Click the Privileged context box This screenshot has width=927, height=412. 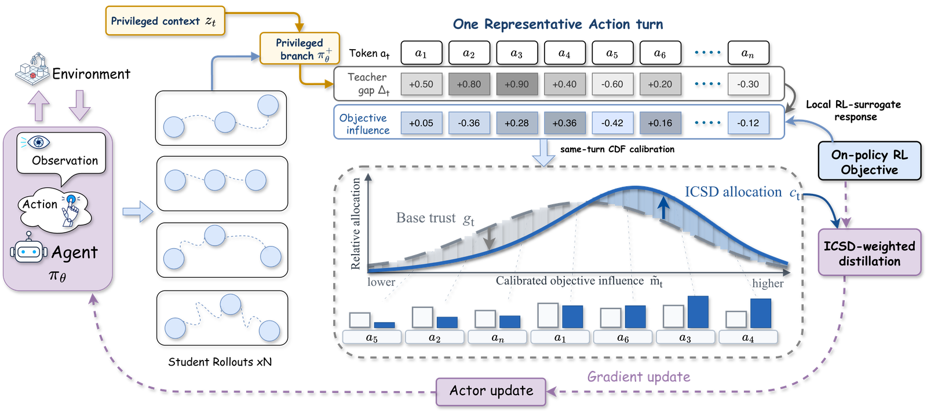(165, 21)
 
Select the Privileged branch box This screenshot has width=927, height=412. (300, 49)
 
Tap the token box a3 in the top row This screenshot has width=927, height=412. (517, 53)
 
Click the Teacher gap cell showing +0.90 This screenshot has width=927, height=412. (517, 84)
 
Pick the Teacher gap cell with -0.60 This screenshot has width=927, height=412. (612, 84)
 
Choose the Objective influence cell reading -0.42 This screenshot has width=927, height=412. (612, 123)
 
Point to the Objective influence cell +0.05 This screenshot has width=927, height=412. (421, 123)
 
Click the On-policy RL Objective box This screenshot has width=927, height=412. (870, 161)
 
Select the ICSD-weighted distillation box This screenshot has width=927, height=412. (870, 252)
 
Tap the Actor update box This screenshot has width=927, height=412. (491, 391)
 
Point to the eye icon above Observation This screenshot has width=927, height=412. (38, 142)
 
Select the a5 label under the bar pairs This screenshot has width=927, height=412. (371, 337)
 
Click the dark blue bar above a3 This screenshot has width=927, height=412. (698, 312)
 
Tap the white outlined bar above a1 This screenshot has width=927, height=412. (548, 316)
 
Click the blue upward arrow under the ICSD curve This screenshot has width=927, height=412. (663, 208)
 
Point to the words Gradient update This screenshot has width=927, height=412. (638, 377)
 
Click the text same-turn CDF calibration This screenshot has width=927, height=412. (617, 149)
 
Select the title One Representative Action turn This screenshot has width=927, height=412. (558, 24)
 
